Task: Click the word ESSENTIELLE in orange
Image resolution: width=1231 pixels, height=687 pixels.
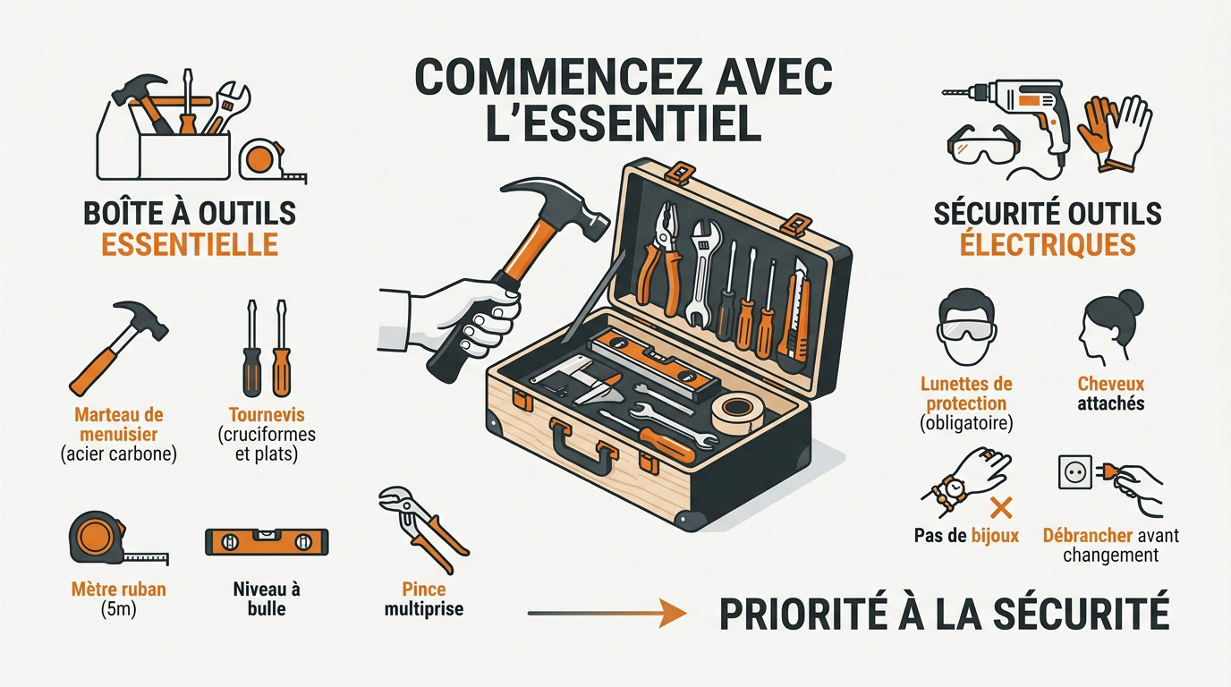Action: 190,245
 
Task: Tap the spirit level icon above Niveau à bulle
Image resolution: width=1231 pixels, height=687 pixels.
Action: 266,542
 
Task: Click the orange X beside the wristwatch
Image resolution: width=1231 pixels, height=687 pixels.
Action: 1001,510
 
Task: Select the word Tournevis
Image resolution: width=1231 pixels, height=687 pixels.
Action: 267,415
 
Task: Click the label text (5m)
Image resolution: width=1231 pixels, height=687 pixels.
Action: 118,610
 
